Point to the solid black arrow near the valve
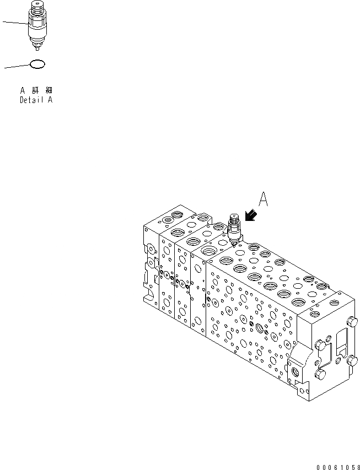coord(251,219)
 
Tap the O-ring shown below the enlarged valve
coord(36,64)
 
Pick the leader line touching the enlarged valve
coord(14,23)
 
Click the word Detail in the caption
coord(31,100)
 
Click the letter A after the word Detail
coord(51,100)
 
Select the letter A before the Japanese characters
coord(23,90)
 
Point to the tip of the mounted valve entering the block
coord(235,243)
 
